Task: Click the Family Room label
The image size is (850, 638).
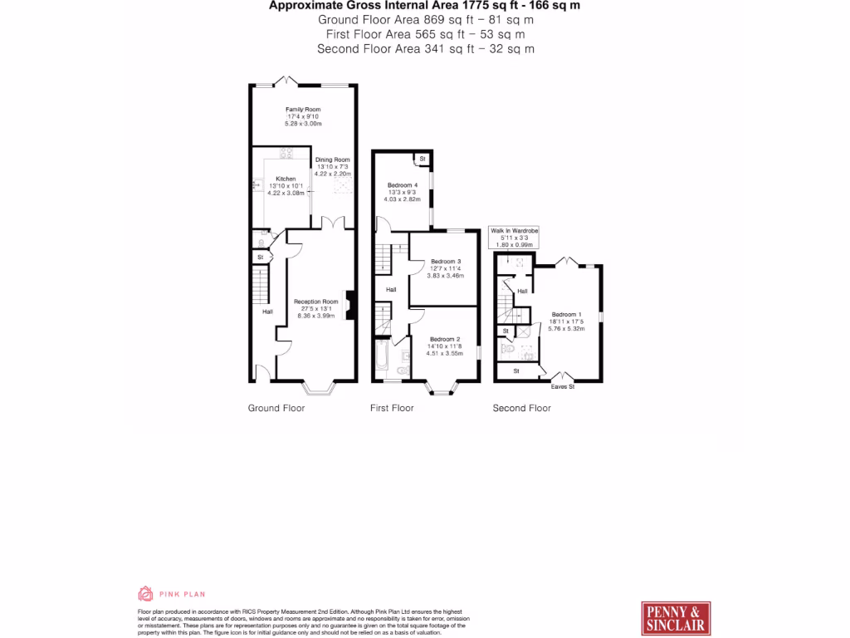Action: tap(303, 110)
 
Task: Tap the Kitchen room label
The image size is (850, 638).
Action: tap(286, 179)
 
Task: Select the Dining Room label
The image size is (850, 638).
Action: tap(333, 159)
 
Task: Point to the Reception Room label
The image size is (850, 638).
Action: tap(315, 302)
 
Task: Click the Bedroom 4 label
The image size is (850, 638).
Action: tap(402, 185)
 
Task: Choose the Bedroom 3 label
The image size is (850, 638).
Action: tap(445, 262)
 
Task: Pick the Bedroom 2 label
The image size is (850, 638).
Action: tap(445, 339)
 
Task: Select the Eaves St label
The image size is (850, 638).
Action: tap(562, 386)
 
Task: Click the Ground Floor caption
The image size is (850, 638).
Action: tap(276, 408)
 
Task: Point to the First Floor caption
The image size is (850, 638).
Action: tap(392, 408)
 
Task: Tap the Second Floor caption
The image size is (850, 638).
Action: tap(521, 408)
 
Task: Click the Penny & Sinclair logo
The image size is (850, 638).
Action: tap(675, 618)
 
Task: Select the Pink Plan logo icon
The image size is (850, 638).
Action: tap(145, 593)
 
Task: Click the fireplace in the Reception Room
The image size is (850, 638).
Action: tap(350, 305)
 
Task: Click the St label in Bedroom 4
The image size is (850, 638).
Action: tap(422, 158)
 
